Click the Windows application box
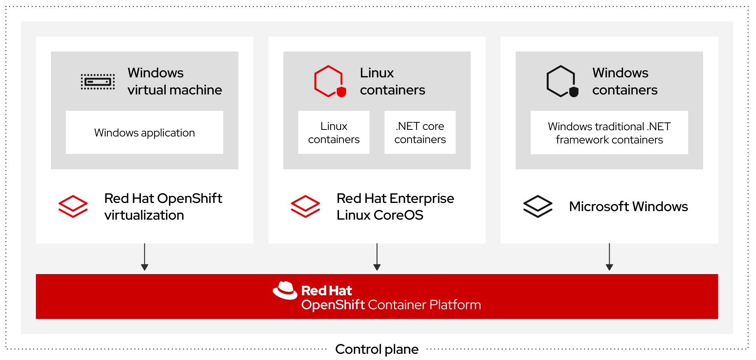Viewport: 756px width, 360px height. click(x=144, y=133)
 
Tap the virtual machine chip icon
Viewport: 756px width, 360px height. click(x=98, y=82)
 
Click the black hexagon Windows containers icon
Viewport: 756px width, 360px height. click(x=562, y=81)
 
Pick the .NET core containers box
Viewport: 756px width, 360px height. click(x=420, y=133)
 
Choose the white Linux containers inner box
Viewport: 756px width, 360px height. click(x=334, y=133)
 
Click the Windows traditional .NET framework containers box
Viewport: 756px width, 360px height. click(x=609, y=133)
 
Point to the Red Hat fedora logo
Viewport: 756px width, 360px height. click(x=285, y=290)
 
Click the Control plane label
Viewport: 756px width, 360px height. click(x=376, y=349)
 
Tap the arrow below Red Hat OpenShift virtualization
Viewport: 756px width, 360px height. click(x=145, y=257)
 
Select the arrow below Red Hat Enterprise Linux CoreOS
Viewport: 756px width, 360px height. click(x=377, y=257)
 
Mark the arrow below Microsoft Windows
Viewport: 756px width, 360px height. click(x=609, y=257)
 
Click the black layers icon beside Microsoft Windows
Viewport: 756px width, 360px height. click(x=537, y=206)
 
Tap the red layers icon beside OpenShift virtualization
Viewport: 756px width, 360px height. click(x=73, y=206)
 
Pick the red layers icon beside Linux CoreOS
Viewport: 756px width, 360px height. click(x=305, y=206)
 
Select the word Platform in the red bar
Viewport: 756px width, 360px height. click(x=455, y=305)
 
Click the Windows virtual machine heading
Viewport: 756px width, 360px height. click(x=175, y=81)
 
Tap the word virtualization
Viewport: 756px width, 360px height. click(x=144, y=215)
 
